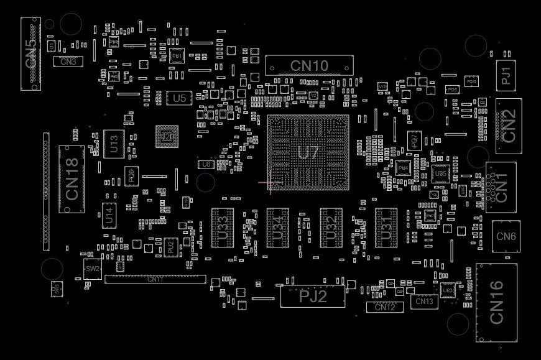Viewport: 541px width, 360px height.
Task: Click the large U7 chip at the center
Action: pos(308,152)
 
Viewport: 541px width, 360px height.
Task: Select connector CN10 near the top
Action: pos(309,65)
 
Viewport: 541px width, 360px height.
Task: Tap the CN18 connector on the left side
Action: pos(72,179)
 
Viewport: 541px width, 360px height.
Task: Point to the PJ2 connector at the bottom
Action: pos(313,297)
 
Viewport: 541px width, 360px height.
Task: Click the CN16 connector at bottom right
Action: pos(497,302)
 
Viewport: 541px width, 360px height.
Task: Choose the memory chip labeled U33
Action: pos(222,228)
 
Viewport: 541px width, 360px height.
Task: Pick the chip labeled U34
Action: pos(277,228)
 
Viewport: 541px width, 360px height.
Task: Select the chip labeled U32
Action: pos(331,228)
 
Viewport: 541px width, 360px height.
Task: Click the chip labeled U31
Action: pos(386,228)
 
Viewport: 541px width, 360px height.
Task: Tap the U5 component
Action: pos(179,98)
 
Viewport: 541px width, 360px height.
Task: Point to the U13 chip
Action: pos(114,144)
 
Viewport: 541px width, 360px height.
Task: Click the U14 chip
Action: pos(109,216)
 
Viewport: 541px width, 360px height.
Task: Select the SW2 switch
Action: pos(92,269)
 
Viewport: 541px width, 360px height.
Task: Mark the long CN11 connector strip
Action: pos(155,279)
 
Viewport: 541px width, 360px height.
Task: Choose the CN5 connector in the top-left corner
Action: pos(30,53)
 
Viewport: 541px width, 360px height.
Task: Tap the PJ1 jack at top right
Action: pos(506,75)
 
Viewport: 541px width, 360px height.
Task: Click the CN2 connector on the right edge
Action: pos(509,126)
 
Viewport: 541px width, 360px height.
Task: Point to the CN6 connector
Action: pos(506,236)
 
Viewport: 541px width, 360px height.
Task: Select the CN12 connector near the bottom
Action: pos(385,307)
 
